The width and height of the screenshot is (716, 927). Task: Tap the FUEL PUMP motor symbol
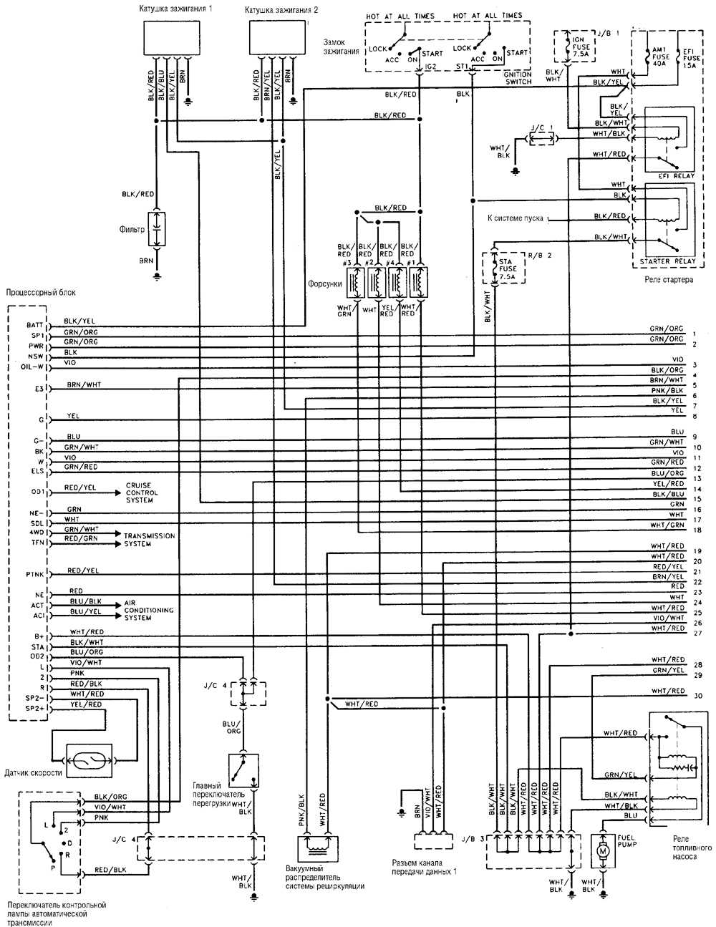[x=603, y=850]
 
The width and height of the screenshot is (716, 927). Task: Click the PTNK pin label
[x=36, y=574]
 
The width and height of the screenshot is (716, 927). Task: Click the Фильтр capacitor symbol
[x=158, y=230]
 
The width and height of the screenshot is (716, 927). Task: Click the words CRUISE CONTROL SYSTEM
[x=142, y=492]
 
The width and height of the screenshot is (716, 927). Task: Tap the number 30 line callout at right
[x=698, y=696]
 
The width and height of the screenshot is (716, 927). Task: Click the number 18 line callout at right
[x=697, y=530]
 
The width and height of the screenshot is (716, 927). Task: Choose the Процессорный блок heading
[x=40, y=292]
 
